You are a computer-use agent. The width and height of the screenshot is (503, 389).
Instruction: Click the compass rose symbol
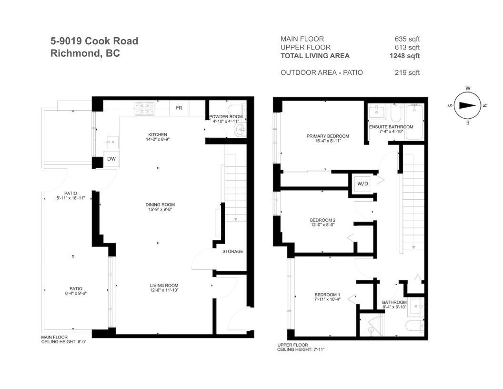(468, 106)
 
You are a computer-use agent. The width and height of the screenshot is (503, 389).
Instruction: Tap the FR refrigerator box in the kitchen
(179, 108)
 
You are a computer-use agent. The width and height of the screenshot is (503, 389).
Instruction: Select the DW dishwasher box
(111, 159)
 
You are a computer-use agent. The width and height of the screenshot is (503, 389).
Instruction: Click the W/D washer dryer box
(363, 183)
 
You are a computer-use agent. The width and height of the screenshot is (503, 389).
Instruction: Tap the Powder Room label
(227, 117)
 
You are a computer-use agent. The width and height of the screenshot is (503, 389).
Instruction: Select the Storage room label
(232, 251)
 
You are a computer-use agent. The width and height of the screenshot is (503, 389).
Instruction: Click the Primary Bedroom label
(328, 136)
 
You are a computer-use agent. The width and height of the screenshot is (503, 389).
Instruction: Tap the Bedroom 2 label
(323, 220)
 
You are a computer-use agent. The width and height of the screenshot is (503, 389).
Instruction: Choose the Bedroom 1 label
(327, 295)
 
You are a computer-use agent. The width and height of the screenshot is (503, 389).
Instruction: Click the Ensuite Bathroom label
(391, 127)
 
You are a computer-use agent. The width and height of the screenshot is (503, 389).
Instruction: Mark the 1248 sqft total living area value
(404, 56)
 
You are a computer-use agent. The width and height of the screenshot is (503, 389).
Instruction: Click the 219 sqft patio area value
(407, 73)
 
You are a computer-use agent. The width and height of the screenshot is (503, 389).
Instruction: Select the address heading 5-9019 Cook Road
(94, 41)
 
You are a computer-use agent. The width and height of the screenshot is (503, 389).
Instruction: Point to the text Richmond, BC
(85, 53)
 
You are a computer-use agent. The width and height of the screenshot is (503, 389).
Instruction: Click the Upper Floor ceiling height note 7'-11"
(301, 349)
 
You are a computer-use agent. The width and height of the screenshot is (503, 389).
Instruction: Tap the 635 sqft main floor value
(407, 39)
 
